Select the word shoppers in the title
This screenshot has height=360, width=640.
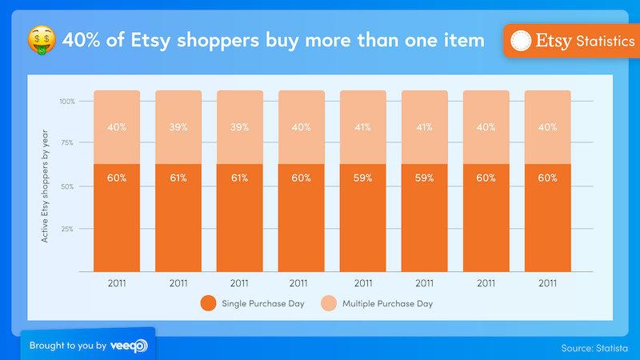[221, 39]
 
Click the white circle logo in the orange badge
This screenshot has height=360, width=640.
[521, 41]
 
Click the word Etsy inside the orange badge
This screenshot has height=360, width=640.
[554, 41]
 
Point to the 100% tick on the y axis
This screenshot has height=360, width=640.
[66, 102]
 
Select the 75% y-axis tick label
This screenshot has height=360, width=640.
[68, 144]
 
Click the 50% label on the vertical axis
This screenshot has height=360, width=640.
[68, 186]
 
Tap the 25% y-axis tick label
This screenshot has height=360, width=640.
[68, 229]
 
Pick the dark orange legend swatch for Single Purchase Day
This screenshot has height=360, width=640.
[209, 304]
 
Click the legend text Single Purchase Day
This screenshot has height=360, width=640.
[261, 304]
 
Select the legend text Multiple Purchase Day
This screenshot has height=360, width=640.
[388, 304]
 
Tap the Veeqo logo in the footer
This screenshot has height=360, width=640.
[129, 346]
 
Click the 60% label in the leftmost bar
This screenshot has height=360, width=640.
[116, 178]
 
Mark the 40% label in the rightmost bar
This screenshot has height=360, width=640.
[547, 126]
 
